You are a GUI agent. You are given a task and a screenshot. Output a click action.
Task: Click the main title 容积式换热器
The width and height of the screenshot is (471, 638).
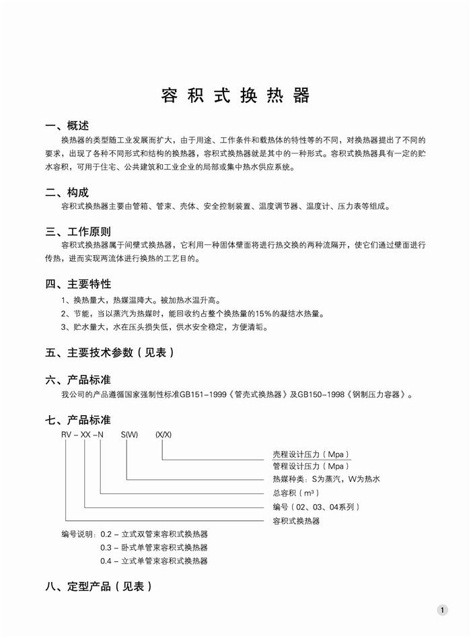[x=235, y=96]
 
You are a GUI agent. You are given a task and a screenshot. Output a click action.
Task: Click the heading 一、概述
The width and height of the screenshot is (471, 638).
[x=67, y=127]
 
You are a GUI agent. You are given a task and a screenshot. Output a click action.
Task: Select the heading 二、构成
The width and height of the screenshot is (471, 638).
[x=67, y=192]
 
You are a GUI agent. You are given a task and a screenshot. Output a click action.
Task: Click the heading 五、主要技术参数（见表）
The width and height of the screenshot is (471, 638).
[x=110, y=352]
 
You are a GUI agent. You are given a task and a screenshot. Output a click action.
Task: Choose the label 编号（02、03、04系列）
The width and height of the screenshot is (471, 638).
[x=316, y=507]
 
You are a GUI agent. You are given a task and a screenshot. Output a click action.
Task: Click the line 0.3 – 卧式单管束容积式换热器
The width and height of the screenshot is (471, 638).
[x=154, y=547]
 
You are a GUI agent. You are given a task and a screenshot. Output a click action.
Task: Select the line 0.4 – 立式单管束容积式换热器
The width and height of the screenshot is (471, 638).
[x=154, y=561]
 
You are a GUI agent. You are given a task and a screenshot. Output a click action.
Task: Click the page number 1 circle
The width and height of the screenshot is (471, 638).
[x=442, y=610]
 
